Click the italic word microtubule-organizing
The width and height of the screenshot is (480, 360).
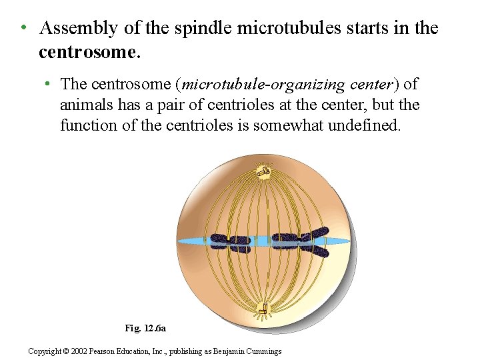(264, 85)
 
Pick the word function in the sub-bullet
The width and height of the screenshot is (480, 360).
(87, 125)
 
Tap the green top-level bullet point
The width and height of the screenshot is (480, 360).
(23, 28)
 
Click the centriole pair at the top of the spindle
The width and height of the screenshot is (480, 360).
(265, 171)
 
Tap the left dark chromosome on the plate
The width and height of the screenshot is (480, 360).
(230, 243)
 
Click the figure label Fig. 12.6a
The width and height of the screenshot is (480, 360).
(150, 328)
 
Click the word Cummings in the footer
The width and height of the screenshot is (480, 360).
(263, 351)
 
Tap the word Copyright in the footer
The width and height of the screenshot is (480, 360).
(45, 351)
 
